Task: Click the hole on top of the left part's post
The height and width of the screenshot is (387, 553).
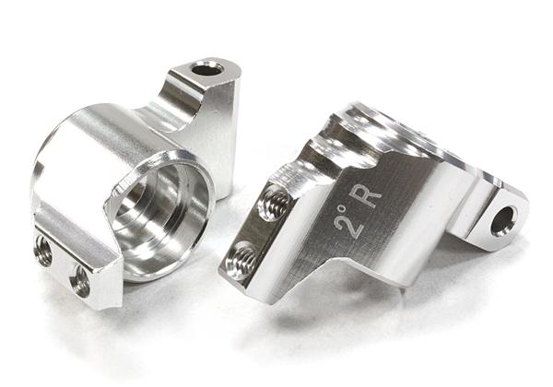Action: tap(206, 68)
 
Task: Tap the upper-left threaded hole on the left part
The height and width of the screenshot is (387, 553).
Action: tap(42, 246)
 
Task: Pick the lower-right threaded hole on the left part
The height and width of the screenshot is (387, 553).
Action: tap(80, 278)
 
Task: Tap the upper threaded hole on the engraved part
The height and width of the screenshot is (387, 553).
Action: tap(275, 201)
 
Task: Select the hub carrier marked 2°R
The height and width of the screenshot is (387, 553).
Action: tap(369, 203)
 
